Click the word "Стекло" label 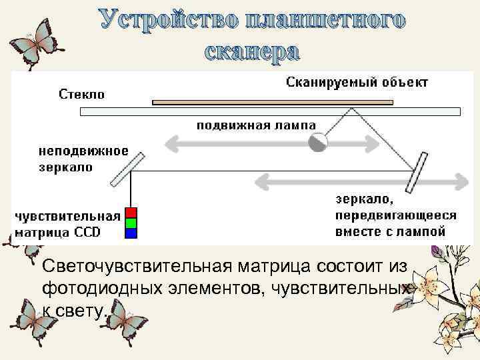82,94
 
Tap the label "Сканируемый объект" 357,83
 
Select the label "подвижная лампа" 256,125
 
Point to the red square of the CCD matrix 131,212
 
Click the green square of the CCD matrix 131,223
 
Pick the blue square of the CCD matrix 131,233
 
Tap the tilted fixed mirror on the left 127,169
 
